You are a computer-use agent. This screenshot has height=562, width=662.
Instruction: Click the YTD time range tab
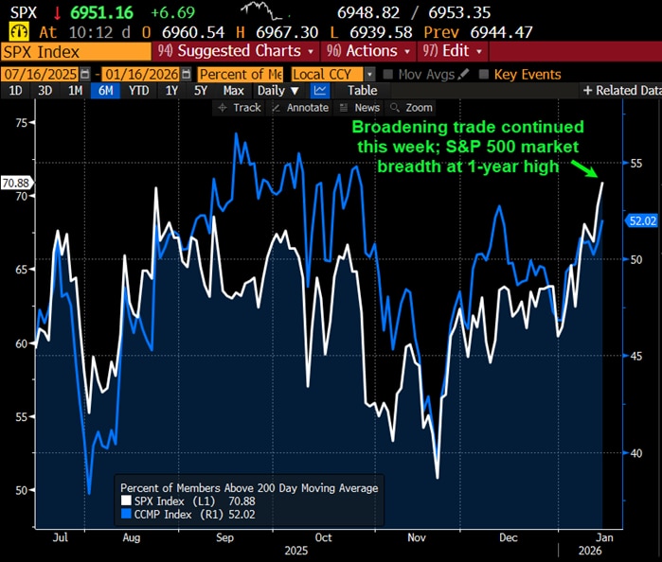pos(138,91)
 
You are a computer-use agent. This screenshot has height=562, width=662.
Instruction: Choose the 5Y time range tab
pos(201,91)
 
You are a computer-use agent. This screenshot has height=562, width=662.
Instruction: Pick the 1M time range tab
pos(75,91)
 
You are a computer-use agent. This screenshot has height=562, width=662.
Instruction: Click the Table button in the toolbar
pos(362,91)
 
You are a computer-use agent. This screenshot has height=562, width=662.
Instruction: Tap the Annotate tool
pos(301,108)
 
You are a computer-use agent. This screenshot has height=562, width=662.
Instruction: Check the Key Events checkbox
pos(485,74)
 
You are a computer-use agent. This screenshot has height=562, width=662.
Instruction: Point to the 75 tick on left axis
pos(19,122)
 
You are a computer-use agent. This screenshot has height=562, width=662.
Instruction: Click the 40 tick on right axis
pos(637,453)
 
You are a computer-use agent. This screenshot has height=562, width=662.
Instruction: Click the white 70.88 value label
pos(17,183)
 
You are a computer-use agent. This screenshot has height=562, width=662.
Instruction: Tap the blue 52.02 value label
pos(643,220)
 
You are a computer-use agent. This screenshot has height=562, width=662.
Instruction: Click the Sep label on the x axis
pos(226,536)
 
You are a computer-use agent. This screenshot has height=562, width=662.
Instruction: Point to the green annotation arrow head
pos(597,177)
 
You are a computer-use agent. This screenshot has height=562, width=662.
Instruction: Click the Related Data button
pos(621,91)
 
